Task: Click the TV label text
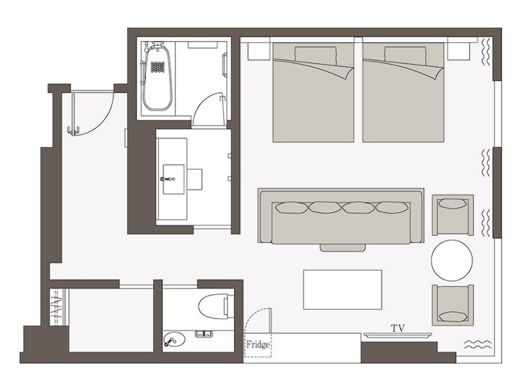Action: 398,328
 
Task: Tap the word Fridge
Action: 258,345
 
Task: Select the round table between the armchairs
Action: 452,261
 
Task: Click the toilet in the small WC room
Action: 214,306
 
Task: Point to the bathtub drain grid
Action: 157,67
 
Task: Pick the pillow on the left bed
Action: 316,54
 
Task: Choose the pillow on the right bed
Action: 405,54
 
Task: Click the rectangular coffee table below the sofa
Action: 342,289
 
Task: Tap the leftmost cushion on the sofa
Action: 292,207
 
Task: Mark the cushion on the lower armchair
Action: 452,315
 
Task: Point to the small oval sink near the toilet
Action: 172,340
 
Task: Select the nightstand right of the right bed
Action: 458,51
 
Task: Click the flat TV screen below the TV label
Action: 398,335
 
